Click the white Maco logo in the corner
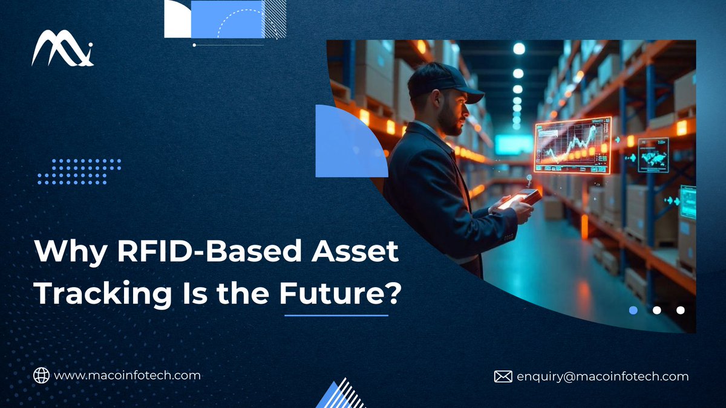[x=62, y=49]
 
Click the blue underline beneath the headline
[x=336, y=315]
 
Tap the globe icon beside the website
[x=41, y=375]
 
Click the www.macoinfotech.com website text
[x=127, y=375]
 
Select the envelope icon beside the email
[x=503, y=377]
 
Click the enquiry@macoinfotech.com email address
[x=602, y=377]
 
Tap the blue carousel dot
[x=633, y=310]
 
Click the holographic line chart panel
[x=572, y=145]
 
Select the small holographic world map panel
[x=653, y=155]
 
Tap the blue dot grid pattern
[x=79, y=172]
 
